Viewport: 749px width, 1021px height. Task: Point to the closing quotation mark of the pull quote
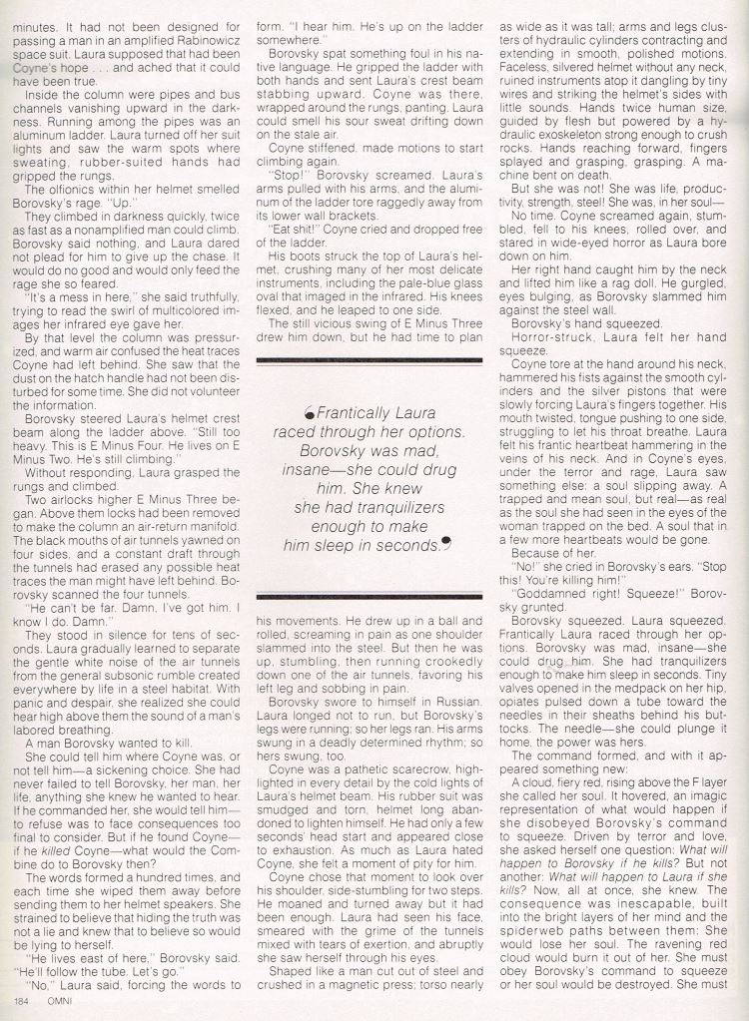click(445, 544)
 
